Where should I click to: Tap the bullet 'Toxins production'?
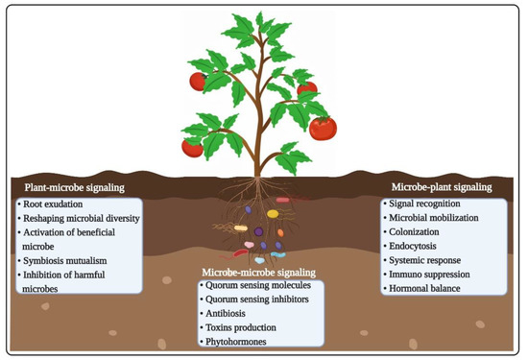pos(245,326)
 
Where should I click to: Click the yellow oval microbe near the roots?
pos(273,214)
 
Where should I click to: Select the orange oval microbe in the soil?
pos(281,231)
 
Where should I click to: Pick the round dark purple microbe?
pos(257,231)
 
